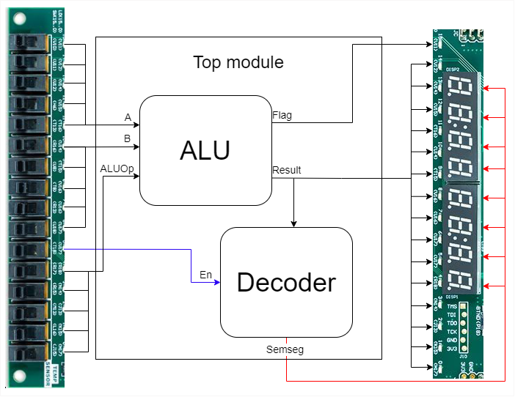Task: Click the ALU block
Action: coord(205,150)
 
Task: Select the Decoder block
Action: coord(286,282)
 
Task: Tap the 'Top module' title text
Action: coord(238,62)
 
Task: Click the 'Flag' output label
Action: coord(281,115)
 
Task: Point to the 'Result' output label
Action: coord(286,170)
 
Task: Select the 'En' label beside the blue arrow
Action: coord(205,275)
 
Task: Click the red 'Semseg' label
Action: coord(285,350)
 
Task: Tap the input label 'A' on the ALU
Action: coord(128,116)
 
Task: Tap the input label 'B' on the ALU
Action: coord(128,137)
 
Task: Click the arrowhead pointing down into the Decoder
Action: coord(294,223)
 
